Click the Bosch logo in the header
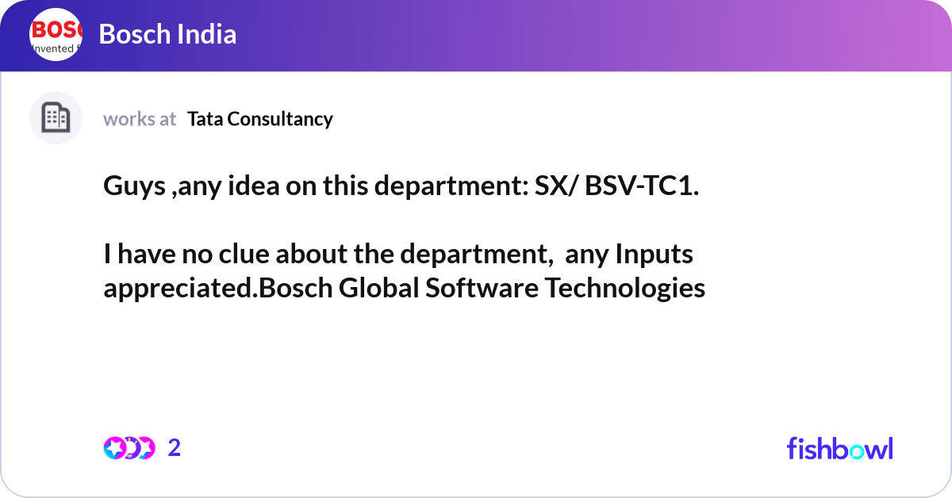[56, 34]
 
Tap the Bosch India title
[167, 34]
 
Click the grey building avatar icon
[56, 117]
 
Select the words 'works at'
[140, 119]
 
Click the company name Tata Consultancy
[260, 119]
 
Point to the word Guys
[134, 186]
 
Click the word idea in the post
[254, 186]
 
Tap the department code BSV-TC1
[642, 186]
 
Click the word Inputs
[654, 255]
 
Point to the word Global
[379, 288]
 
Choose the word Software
[482, 288]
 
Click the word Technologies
[625, 289]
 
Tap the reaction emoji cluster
[129, 448]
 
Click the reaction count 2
[175, 448]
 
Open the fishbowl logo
[840, 448]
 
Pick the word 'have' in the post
[147, 254]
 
